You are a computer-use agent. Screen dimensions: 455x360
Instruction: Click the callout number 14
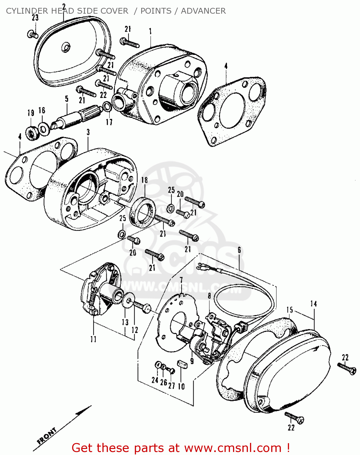(x=313, y=304)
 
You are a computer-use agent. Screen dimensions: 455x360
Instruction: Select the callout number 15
(x=290, y=310)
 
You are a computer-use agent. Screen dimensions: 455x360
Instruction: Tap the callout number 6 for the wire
(x=239, y=250)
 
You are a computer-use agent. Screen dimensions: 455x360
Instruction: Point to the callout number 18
(x=145, y=180)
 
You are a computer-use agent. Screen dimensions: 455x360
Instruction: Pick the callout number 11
(x=93, y=339)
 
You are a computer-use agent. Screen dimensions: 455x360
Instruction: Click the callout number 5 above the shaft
(x=67, y=99)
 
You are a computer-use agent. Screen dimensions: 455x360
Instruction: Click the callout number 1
(x=150, y=31)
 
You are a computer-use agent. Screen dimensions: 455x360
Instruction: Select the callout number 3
(x=88, y=132)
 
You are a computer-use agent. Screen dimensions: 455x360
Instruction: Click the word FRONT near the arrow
(x=47, y=436)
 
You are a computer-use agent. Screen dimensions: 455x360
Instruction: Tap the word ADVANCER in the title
(x=203, y=11)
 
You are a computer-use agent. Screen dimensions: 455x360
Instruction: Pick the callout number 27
(x=172, y=386)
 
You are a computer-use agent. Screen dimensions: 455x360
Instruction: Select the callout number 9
(x=192, y=361)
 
